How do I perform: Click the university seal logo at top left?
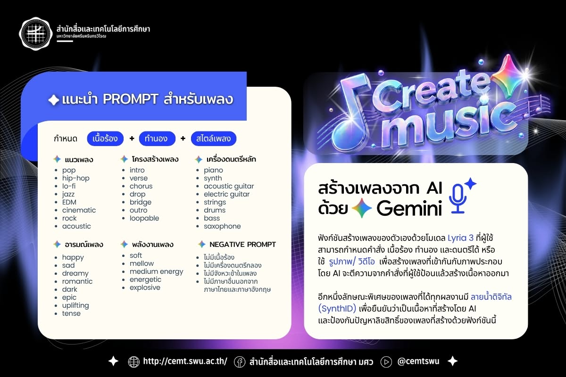(36, 33)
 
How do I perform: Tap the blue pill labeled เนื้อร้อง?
(105, 139)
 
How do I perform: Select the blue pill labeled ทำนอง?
(157, 139)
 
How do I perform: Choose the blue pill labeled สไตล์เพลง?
(214, 139)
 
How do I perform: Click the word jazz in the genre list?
(68, 194)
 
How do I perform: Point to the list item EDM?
(69, 202)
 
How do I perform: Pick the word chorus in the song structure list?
(141, 186)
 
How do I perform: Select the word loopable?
(144, 218)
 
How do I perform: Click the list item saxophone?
(222, 226)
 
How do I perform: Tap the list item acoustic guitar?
(229, 186)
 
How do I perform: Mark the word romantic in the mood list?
(77, 281)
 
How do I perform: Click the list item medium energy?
(157, 272)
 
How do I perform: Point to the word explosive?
(145, 287)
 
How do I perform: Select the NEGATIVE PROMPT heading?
(242, 245)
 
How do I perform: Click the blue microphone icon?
(458, 198)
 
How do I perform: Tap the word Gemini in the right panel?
(409, 209)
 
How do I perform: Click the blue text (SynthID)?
(337, 309)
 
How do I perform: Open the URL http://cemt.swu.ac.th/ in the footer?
(185, 361)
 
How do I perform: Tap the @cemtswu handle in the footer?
(418, 361)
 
